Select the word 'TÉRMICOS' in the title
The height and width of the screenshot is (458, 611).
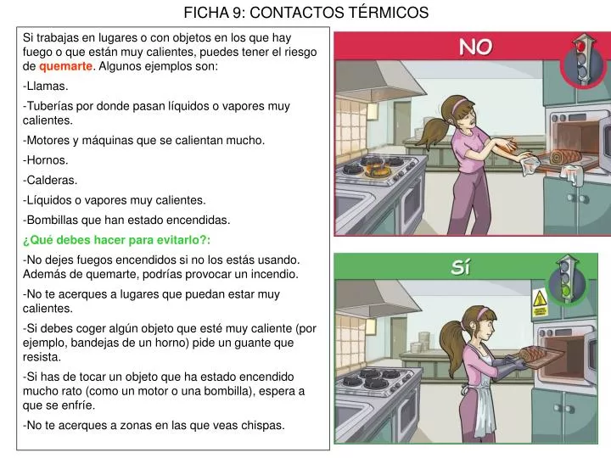coord(386,13)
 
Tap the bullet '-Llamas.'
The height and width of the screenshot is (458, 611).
coord(47,86)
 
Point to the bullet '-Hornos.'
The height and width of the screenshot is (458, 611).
coord(47,159)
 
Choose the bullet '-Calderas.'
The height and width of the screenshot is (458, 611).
coord(50,180)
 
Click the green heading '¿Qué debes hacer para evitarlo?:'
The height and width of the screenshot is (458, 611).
coord(116,240)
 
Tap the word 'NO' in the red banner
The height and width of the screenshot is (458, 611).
coord(475,47)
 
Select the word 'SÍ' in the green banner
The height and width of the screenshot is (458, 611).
coord(461,268)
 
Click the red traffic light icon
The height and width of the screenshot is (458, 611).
coord(580,59)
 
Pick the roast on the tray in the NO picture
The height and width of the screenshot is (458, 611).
coord(565,157)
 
